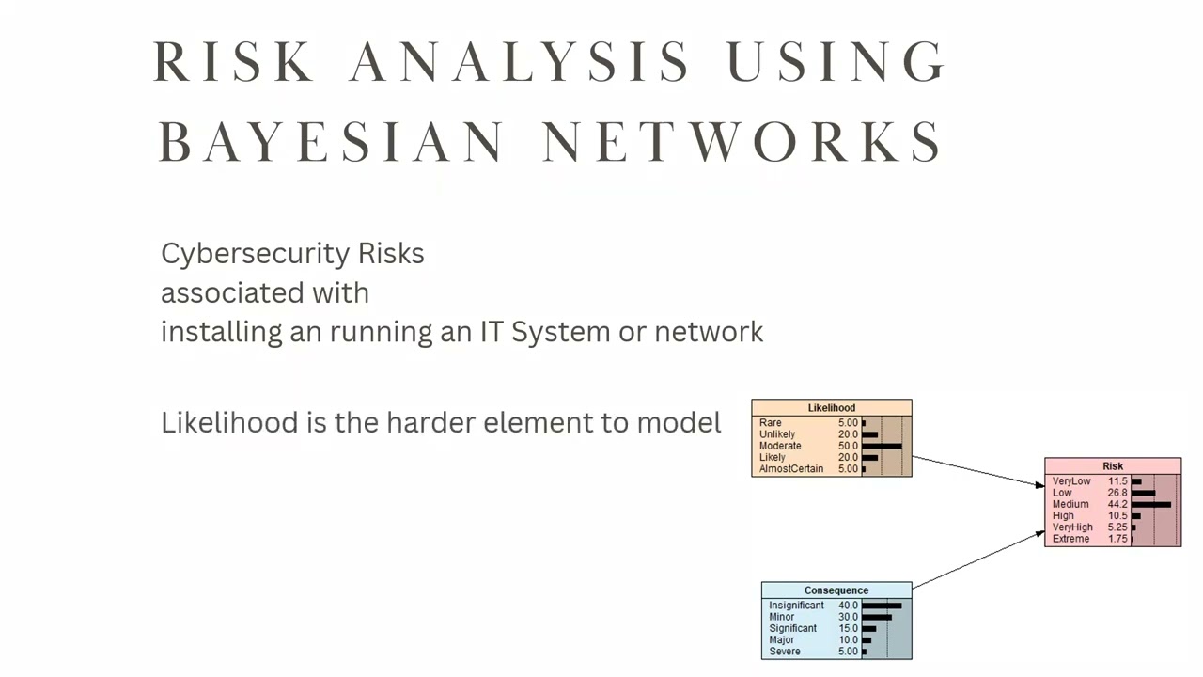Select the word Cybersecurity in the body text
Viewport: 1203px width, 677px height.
(x=255, y=254)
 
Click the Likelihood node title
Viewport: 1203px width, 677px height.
(x=832, y=408)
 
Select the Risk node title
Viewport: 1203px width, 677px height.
(x=1113, y=466)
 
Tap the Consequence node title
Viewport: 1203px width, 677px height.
(x=836, y=590)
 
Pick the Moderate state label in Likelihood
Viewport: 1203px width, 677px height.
(x=780, y=446)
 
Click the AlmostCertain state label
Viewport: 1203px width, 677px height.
(x=791, y=468)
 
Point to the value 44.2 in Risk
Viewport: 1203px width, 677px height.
(x=1117, y=504)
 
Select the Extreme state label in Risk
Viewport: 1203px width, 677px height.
(x=1070, y=539)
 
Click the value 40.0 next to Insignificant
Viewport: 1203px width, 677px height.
(x=848, y=606)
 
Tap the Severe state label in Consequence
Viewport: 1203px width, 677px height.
(x=785, y=652)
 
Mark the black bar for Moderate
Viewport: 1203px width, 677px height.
(x=882, y=446)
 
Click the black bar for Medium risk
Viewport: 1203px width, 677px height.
(x=1151, y=504)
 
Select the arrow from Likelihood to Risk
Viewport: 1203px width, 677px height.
(x=977, y=471)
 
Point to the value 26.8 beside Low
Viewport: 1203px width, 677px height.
(x=1117, y=493)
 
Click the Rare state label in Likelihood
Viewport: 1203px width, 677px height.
(x=770, y=423)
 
